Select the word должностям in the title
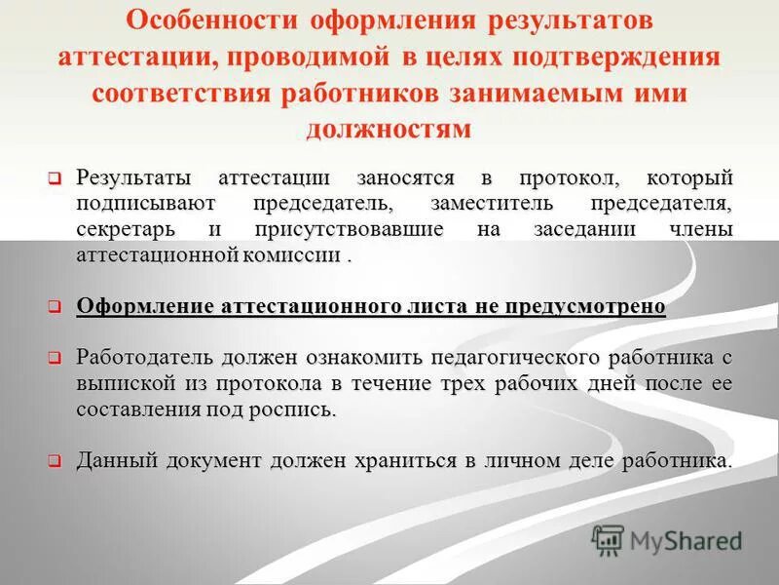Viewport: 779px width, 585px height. (x=389, y=129)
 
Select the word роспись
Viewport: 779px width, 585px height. (x=294, y=409)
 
